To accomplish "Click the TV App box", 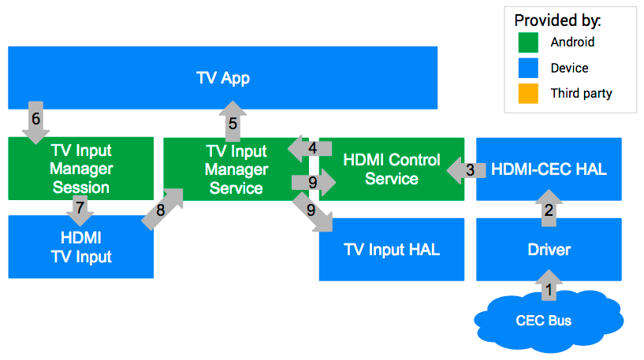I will (x=222, y=77).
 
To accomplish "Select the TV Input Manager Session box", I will (x=80, y=168).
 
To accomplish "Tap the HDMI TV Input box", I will (x=80, y=247).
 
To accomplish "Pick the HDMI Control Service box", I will (x=391, y=169).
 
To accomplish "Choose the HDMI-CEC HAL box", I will (x=549, y=169).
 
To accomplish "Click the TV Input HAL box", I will (x=392, y=250).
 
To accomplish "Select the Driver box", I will (x=549, y=250).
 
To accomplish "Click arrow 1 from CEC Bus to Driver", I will (x=549, y=288).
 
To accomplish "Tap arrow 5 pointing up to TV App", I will (x=233, y=121).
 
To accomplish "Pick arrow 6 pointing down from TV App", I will (x=35, y=121).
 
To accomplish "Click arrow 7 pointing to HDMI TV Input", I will (x=79, y=209).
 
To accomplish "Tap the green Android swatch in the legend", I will (x=528, y=43).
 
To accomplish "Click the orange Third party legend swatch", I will (x=528, y=93).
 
